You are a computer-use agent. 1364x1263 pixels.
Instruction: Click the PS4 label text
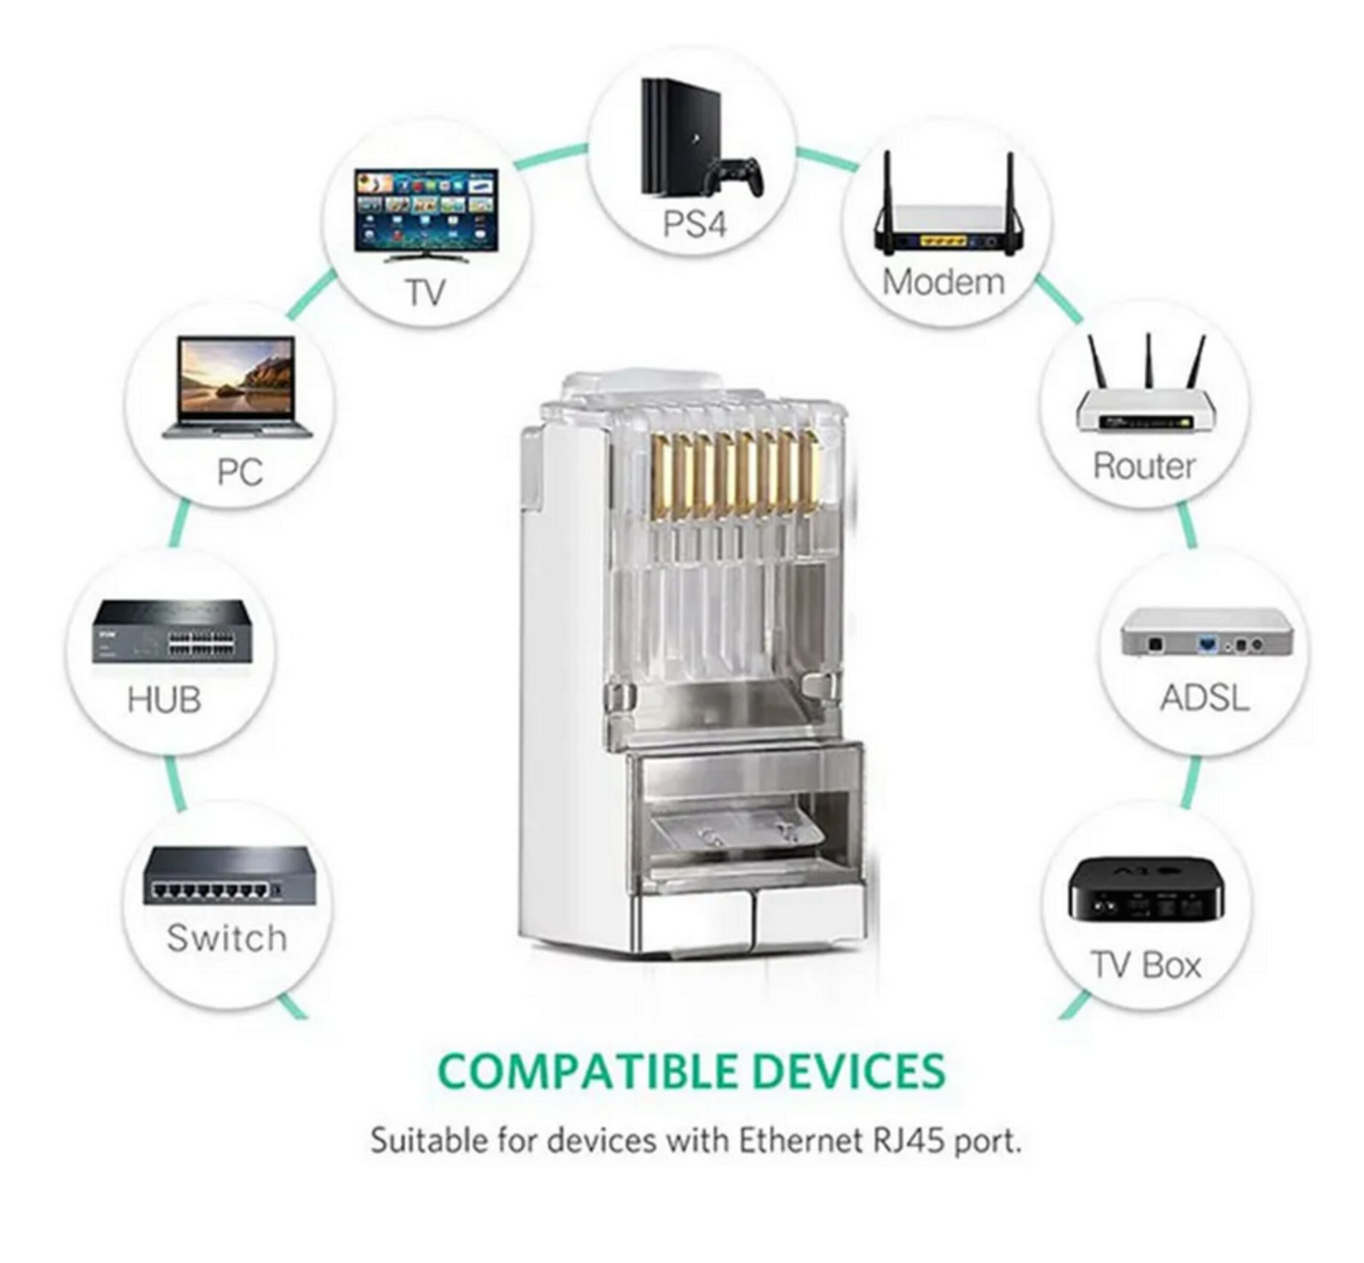coord(693,224)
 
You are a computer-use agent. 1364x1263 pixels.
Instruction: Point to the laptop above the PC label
coord(237,386)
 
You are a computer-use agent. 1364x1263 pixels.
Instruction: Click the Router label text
coord(1144,466)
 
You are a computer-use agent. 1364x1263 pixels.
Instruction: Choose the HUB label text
coord(164,700)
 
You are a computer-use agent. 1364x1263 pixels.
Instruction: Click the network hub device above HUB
coord(172,632)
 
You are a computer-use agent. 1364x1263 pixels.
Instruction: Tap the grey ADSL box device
coord(1207,632)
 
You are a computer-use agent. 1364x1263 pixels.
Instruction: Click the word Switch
coord(226,938)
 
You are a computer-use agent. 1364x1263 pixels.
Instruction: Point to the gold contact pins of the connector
coord(735,472)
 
